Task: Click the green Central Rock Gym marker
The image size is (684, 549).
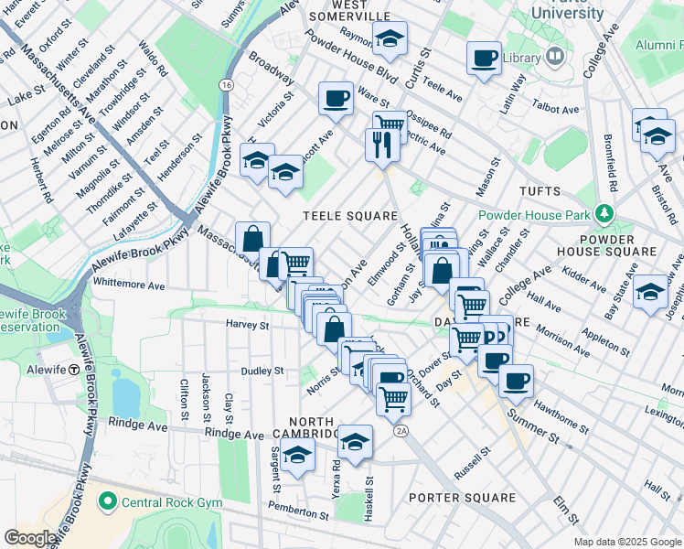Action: point(107,501)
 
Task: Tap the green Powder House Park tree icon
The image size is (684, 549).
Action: point(603,214)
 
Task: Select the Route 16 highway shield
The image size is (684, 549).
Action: point(225,85)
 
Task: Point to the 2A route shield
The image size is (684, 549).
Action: point(401,430)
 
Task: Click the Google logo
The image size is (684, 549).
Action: point(31,538)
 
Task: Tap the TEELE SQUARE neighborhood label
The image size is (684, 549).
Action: point(343,215)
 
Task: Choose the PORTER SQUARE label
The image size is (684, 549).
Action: point(462,498)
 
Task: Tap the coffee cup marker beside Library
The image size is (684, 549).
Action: point(484,59)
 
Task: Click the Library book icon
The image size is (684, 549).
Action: point(555,58)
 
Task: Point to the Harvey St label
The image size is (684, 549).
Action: point(248,324)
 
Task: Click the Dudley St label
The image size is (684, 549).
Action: point(262,371)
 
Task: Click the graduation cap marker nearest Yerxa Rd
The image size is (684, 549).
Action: point(355,442)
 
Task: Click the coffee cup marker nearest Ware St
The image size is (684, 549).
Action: point(336,98)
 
